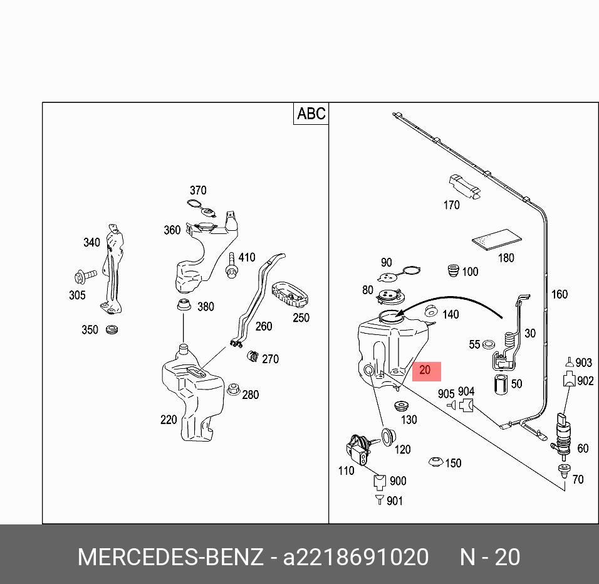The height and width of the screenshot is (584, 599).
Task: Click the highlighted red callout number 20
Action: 426,371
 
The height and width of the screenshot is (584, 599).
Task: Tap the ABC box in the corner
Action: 311,114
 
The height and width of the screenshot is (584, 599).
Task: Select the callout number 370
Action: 197,191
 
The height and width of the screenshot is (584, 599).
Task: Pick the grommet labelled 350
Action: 112,330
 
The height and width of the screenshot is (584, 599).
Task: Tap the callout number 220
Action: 169,420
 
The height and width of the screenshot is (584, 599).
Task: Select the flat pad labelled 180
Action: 497,239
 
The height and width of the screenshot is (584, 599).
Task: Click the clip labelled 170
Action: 463,186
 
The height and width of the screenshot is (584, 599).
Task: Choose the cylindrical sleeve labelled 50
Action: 501,385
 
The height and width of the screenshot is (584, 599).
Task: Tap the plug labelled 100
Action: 453,271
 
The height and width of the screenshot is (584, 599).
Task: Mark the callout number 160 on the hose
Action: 559,294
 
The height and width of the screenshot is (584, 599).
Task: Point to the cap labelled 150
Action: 435,462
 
